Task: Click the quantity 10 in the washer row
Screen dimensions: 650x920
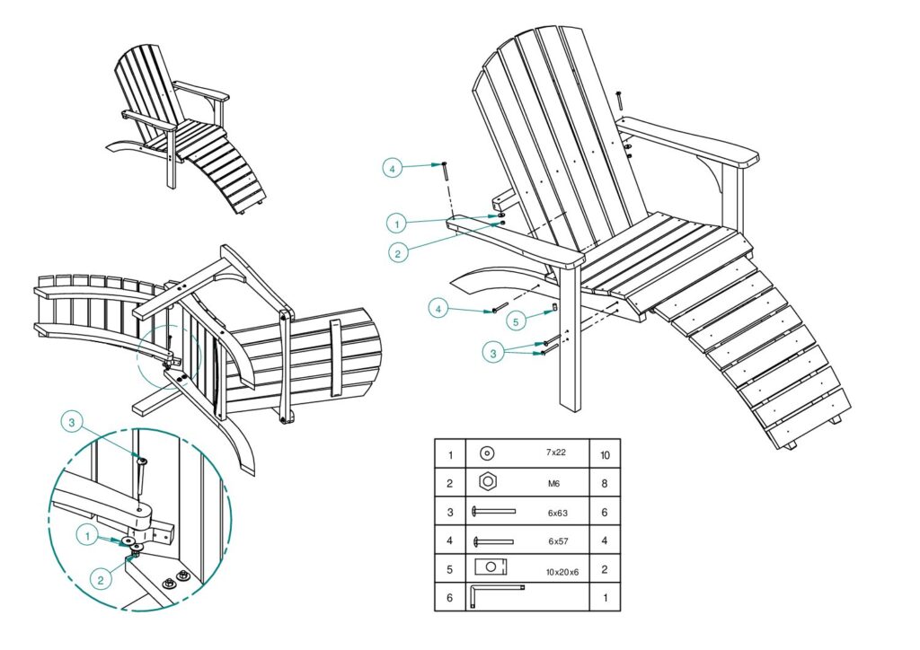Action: point(605,455)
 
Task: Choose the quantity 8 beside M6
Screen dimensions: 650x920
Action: point(605,483)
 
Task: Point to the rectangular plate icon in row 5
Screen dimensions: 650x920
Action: point(491,567)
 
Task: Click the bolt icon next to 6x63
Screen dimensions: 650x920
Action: point(493,512)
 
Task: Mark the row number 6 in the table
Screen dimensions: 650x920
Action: point(450,596)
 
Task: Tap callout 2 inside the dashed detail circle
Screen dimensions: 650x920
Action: point(100,580)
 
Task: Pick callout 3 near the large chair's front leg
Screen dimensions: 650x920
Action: point(492,354)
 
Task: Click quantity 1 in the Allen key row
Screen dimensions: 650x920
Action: point(605,596)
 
